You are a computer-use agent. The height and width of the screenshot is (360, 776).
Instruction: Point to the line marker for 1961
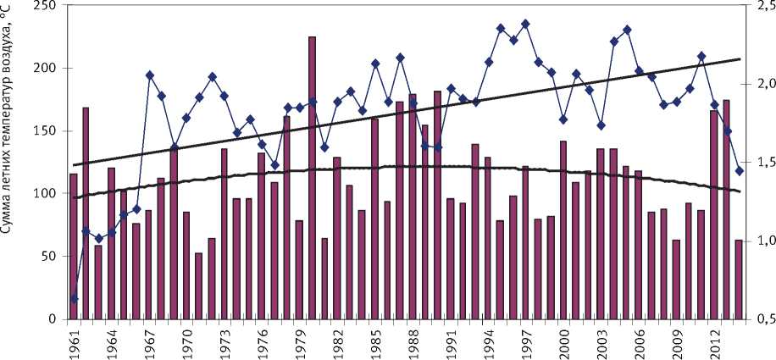(73, 298)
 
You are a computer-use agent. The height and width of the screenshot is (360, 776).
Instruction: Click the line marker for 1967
(149, 75)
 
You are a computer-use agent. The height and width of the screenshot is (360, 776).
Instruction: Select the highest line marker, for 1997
(525, 24)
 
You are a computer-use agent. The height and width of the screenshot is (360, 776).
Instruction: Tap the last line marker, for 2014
(739, 170)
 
